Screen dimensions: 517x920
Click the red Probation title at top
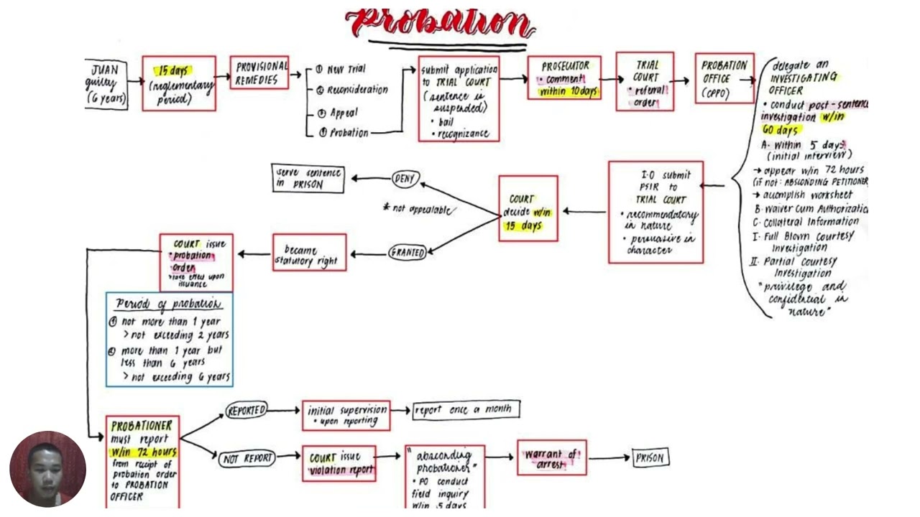(x=440, y=23)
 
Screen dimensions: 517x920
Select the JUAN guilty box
(x=106, y=83)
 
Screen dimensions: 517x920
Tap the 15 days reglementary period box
(x=178, y=83)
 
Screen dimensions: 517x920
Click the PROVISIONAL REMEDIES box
(x=259, y=73)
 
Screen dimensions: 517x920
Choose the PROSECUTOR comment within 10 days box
(x=564, y=78)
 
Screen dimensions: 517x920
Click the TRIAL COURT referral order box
(x=645, y=82)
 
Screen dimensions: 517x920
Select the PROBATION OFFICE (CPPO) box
(x=724, y=78)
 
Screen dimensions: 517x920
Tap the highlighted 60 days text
(x=780, y=130)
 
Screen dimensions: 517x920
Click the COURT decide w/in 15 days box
(x=528, y=209)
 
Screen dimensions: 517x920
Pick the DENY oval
(x=405, y=178)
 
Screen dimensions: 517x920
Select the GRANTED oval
(x=408, y=252)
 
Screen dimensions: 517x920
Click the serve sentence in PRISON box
(x=308, y=178)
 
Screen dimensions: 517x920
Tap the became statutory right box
(x=309, y=253)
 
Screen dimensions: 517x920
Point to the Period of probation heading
(x=169, y=304)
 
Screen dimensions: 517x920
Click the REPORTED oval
(x=247, y=410)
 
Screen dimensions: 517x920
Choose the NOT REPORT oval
(x=247, y=458)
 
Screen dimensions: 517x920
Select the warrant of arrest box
(x=551, y=458)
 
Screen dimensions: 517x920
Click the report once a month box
(x=465, y=409)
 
